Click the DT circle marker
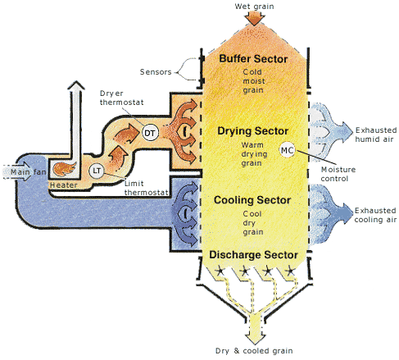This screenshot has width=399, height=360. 150,133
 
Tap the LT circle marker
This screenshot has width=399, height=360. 97,171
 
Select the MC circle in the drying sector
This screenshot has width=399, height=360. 288,150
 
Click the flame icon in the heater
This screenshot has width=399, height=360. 65,169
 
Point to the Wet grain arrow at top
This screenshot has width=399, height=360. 255,19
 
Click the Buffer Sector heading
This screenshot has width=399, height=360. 253,59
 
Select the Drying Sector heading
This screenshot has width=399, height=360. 252,131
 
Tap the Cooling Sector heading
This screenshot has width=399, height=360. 252,200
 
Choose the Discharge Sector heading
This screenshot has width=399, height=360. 253,254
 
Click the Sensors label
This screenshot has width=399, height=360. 156,72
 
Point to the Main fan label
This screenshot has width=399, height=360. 28,172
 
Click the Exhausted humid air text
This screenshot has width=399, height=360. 376,134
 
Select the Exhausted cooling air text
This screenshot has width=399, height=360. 375,215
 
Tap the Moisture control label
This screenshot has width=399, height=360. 338,174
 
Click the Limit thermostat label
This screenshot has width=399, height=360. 146,188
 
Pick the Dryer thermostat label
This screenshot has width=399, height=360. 121,98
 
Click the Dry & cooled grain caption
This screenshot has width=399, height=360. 254,351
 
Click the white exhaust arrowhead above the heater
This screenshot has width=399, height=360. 76,85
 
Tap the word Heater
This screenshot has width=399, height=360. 63,185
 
